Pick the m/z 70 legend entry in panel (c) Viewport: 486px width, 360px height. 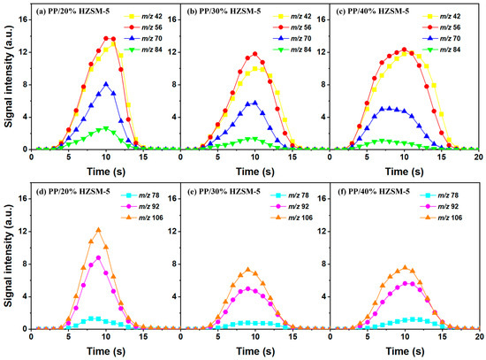tap(449, 41)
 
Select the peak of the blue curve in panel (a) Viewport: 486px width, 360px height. tap(106, 84)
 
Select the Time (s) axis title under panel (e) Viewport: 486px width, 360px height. tap(254, 351)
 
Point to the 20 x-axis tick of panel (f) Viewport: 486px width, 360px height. tap(478, 337)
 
